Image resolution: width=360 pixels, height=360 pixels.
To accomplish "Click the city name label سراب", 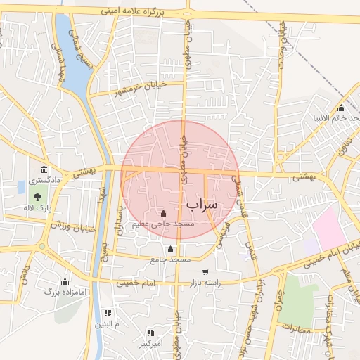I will tap(202, 203).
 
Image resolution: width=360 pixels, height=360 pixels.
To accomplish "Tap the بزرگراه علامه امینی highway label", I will tap(141, 11).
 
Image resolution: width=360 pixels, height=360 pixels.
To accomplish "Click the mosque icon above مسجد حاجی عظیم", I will tap(164, 213).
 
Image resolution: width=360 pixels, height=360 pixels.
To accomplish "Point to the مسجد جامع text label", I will tap(170, 259).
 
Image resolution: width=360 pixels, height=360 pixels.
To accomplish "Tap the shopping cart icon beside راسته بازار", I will tap(205, 272).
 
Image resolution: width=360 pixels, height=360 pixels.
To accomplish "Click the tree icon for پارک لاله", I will tap(37, 196).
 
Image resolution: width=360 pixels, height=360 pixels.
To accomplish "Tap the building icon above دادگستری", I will tap(44, 169).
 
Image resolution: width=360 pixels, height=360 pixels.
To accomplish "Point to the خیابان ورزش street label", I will tap(73, 227).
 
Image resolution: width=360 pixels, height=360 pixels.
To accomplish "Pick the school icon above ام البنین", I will tap(108, 313).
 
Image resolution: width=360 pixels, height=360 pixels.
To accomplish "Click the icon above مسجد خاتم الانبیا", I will tap(341, 108).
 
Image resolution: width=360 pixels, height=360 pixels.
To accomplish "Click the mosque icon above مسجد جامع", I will tap(169, 249).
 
